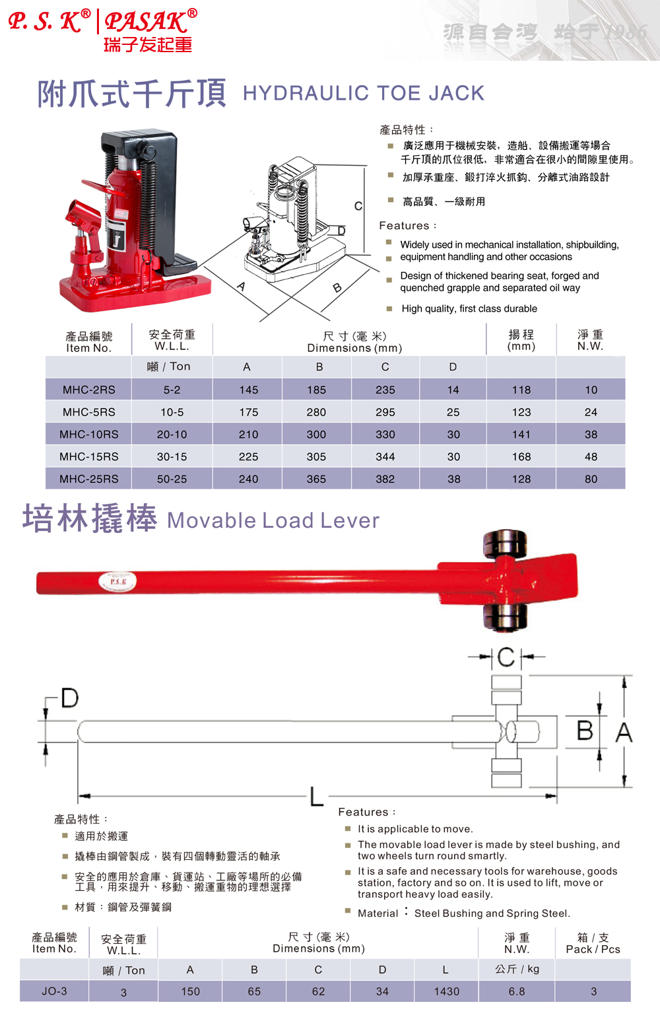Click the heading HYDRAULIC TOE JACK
tap(364, 93)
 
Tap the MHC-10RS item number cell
tap(89, 435)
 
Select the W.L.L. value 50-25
tap(172, 479)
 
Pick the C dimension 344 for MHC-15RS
tap(385, 456)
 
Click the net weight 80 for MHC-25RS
tap(591, 479)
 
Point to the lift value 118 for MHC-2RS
tap(521, 390)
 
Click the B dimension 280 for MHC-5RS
tap(316, 412)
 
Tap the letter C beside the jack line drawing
tap(358, 206)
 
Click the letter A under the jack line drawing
tap(242, 286)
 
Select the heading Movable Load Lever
tap(273, 520)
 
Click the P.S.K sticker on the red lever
tap(118, 582)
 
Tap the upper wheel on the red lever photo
tap(505, 544)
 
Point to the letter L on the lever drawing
tap(317, 797)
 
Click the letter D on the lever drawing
tap(69, 697)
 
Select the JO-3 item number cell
tap(55, 991)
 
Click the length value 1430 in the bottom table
tap(447, 991)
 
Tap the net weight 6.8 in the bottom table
tap(517, 991)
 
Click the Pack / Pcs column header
tap(593, 943)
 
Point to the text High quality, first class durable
tap(469, 308)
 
